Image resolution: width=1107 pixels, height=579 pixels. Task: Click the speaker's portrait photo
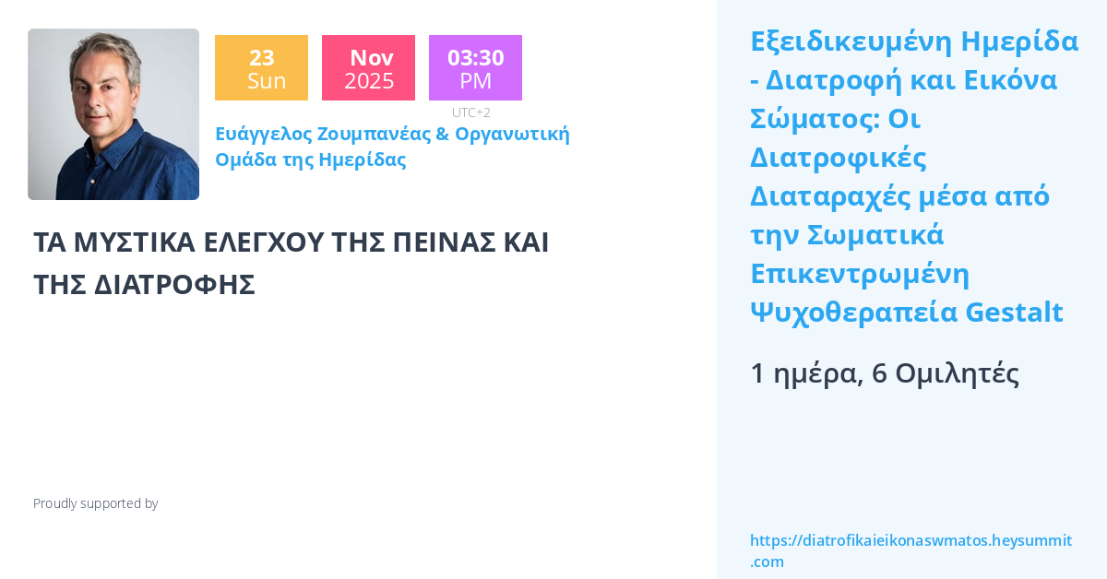coord(113,114)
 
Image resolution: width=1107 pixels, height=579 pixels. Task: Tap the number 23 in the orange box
coord(262,57)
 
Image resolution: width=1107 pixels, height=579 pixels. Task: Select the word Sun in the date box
coord(266,81)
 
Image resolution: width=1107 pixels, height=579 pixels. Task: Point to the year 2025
coord(369,81)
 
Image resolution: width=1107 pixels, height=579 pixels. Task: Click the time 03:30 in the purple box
coord(476,57)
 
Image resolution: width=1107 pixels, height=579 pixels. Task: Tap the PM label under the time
coord(476,81)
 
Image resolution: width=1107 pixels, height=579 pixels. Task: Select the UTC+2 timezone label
coord(471,112)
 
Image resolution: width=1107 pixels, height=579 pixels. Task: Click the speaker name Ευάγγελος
coord(263,135)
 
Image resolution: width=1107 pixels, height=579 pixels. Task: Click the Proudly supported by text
coord(96,503)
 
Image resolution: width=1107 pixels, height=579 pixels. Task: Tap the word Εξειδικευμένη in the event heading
coord(850,41)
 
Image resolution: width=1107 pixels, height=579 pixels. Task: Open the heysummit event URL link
coord(911,550)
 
